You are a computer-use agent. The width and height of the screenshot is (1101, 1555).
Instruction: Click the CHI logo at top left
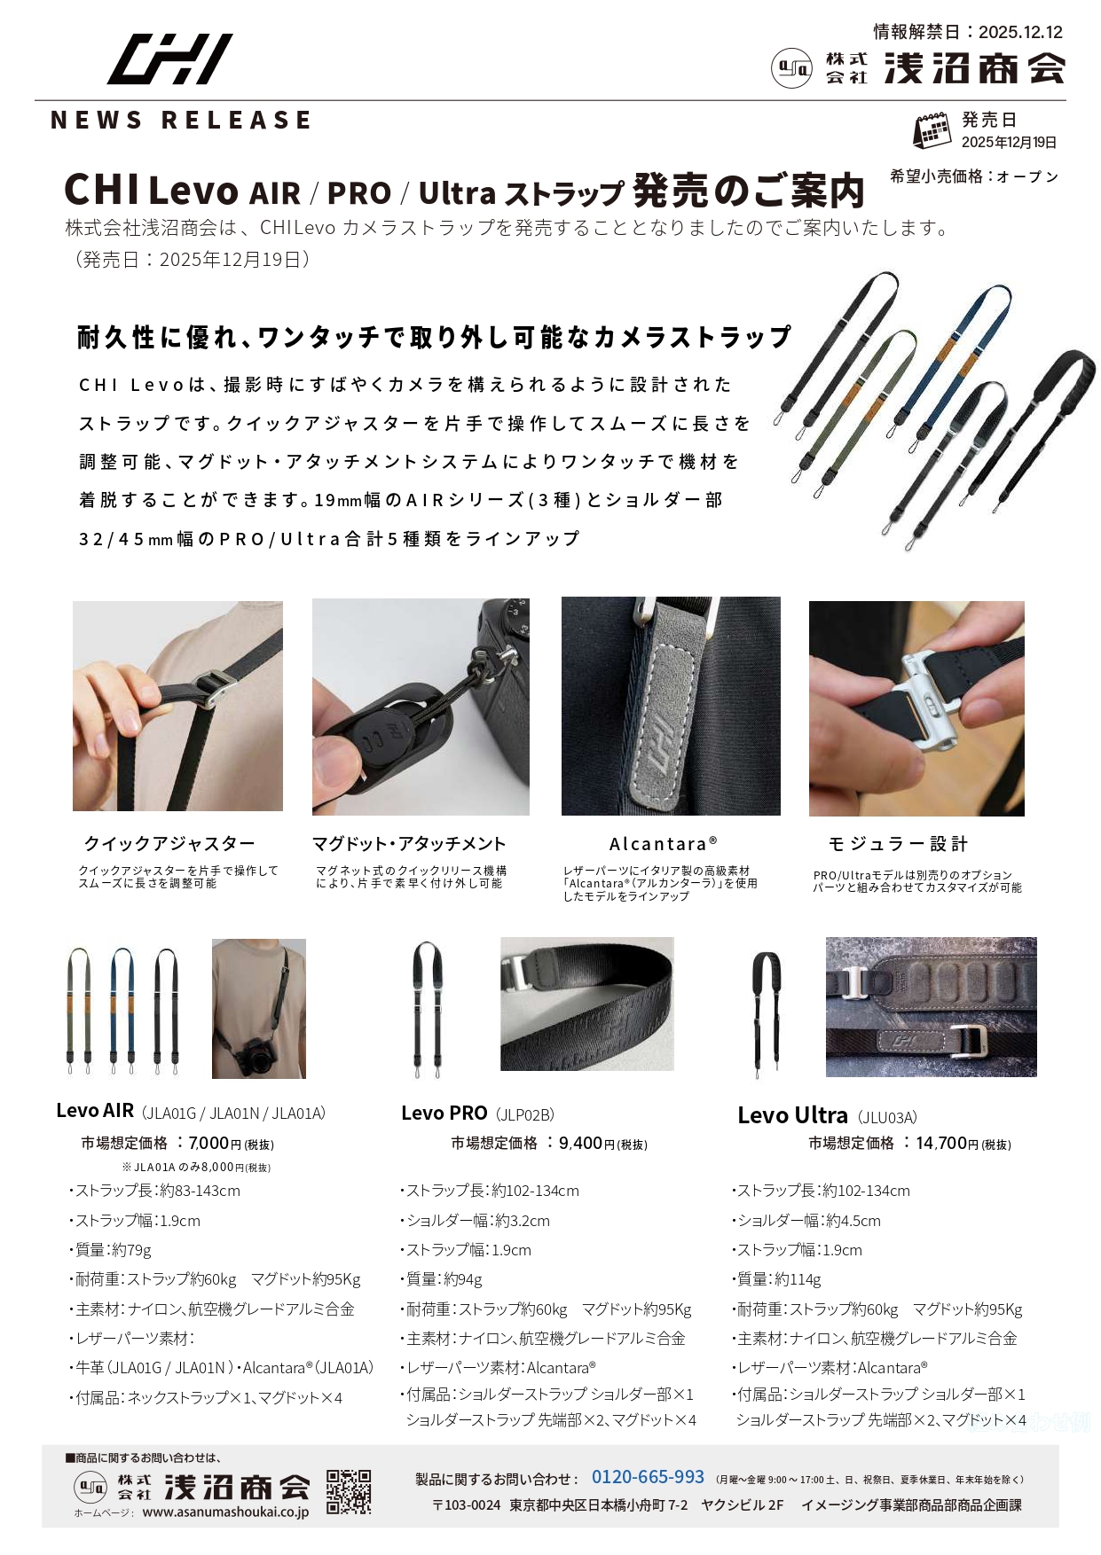coord(169,59)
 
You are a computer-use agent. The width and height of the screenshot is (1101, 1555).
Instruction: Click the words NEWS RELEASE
coord(181,121)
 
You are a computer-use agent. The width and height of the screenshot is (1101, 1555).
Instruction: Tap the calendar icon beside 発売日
coord(932,131)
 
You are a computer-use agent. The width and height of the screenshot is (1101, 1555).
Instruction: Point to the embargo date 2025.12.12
coord(1020,32)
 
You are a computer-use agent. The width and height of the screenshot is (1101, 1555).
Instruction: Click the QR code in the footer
coord(349,1491)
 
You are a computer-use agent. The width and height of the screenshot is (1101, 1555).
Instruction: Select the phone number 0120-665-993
coord(648,1477)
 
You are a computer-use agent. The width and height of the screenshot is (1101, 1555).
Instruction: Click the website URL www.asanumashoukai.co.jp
coord(225,1512)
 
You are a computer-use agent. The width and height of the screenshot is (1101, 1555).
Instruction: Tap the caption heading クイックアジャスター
coord(169,843)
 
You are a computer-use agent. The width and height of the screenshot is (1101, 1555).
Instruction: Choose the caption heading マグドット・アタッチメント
coord(409,843)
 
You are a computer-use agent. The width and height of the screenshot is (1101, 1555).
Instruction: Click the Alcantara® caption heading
coord(664,843)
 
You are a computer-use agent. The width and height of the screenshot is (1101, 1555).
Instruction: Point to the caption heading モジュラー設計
coord(898,843)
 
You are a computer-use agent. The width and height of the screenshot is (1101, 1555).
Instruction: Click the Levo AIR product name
coord(95,1111)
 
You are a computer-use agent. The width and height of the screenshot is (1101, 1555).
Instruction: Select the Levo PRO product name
coord(444,1114)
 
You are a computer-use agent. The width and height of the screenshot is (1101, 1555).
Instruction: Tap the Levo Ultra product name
coord(793,1115)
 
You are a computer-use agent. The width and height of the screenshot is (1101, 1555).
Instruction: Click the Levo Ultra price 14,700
coord(941,1144)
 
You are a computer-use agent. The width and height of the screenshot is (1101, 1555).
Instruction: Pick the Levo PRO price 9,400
coord(580,1144)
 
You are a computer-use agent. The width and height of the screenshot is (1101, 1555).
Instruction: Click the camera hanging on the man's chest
coord(253,1056)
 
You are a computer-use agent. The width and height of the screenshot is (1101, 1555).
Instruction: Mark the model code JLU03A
coord(888,1118)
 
